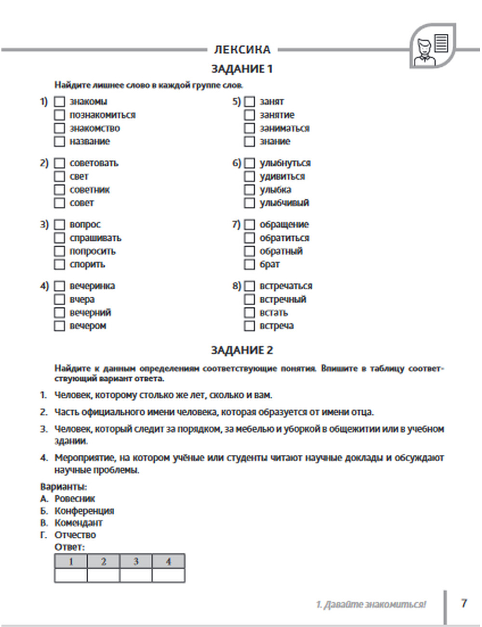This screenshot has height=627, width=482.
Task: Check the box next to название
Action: point(59,141)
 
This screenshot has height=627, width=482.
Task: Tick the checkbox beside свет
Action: point(59,177)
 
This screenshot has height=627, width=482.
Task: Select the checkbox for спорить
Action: point(59,264)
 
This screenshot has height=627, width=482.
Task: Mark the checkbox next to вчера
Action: point(59,300)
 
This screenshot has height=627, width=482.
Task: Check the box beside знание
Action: point(249,141)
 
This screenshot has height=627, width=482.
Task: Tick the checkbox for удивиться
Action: point(249,177)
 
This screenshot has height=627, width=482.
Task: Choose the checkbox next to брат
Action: point(249,264)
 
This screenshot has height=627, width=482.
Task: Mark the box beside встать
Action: point(249,313)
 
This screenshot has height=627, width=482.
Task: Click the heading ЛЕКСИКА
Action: point(242,49)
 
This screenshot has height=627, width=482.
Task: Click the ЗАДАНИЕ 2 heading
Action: point(242,350)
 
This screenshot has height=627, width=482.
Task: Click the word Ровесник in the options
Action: point(75,499)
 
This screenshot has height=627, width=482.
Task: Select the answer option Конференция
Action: point(84,511)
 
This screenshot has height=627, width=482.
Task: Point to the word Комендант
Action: point(78,523)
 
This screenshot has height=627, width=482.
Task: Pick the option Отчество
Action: point(75,535)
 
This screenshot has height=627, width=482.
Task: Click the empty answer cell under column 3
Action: point(136,575)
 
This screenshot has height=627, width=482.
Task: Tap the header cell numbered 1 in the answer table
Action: point(71,561)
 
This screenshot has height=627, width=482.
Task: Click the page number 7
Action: point(464,603)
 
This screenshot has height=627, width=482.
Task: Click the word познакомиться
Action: point(102,115)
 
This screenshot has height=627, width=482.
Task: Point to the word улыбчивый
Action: point(284,203)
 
